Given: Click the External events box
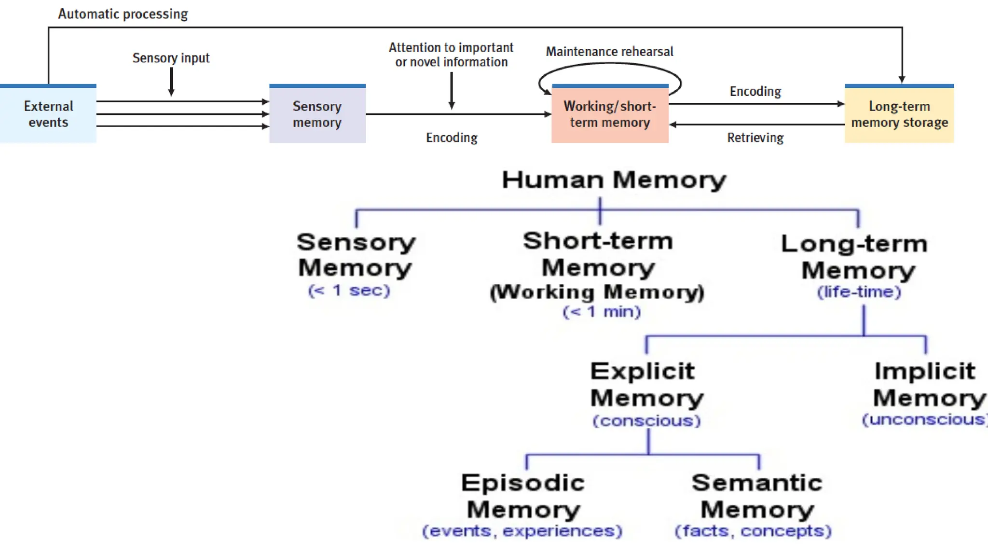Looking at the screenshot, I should (x=48, y=114).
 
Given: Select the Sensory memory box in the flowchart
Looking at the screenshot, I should (x=317, y=114).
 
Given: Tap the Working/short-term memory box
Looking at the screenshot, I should (x=610, y=114).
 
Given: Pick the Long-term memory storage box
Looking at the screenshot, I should (x=899, y=114).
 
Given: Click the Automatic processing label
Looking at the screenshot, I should (x=123, y=14).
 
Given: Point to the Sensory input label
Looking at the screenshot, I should (x=171, y=58).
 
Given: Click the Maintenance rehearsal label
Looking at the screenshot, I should (x=609, y=52).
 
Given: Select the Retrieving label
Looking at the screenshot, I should (x=755, y=138).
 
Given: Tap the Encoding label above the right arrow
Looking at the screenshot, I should (x=755, y=92).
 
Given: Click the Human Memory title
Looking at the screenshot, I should (x=614, y=180).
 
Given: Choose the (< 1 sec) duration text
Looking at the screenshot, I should (x=349, y=291).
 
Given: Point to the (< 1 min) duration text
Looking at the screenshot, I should (x=602, y=312).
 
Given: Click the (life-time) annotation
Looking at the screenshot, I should (x=859, y=292).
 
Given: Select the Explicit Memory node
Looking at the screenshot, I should (x=646, y=385).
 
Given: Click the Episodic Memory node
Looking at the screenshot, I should (x=523, y=496).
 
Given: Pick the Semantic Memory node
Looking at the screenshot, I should (x=757, y=496).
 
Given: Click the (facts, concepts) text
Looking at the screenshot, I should (x=753, y=531).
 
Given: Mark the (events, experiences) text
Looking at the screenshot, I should (x=522, y=531).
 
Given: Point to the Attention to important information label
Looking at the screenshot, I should (x=451, y=55).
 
